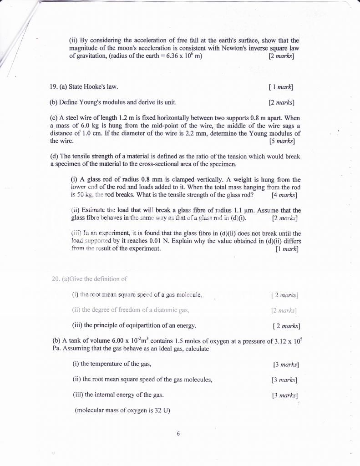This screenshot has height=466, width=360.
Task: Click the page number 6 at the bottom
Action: coord(178,434)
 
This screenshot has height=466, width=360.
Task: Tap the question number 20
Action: coord(57,279)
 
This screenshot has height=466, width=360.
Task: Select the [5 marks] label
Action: coord(281,141)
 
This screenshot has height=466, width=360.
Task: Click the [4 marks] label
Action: coord(284,195)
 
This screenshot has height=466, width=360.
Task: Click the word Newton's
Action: coord(233,48)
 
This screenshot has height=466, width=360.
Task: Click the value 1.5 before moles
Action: coord(183,341)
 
